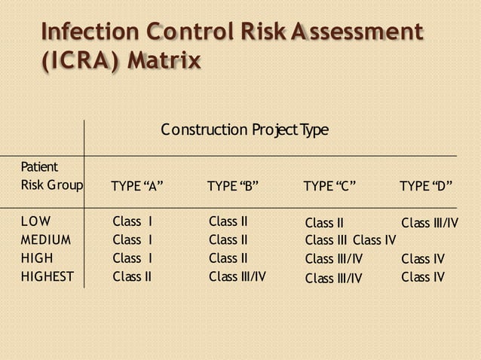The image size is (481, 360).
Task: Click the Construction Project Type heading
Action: tap(245, 130)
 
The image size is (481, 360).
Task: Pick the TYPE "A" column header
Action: tap(137, 186)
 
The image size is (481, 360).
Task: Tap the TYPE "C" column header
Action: tap(329, 186)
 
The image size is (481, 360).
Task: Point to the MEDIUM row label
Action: tap(46, 240)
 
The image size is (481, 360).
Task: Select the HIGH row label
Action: tap(37, 258)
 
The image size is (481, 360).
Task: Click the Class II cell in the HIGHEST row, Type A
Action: tap(132, 276)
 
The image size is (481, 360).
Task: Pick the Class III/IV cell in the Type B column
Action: tap(237, 276)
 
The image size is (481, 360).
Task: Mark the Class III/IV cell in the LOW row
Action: tap(430, 223)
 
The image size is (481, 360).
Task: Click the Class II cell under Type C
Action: tap(324, 223)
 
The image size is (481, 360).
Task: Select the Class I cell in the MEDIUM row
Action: tap(133, 240)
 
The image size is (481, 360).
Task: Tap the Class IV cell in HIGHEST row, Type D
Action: tap(423, 277)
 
